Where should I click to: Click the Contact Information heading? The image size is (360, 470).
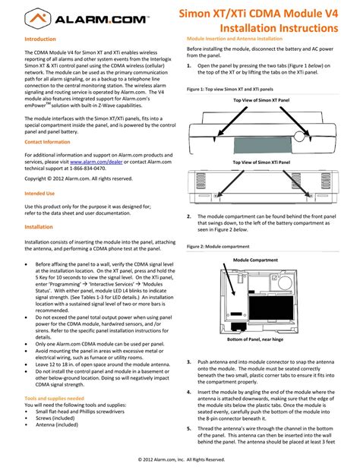47,142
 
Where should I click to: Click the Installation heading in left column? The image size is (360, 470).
39,227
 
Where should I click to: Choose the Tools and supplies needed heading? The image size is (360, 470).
54,398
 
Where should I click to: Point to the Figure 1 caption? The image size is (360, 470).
230,88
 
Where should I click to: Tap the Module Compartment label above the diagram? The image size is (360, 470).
257,260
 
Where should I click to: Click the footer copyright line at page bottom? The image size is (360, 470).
181,459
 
